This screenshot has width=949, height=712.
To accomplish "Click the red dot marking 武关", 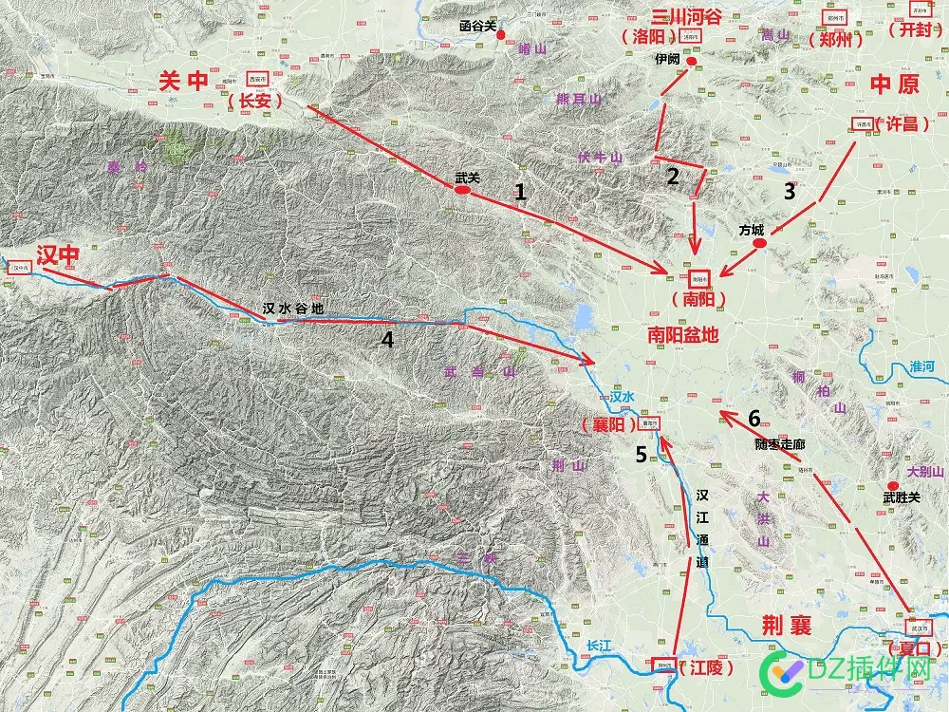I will pyautogui.click(x=463, y=191).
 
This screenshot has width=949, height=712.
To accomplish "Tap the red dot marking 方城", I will pyautogui.click(x=759, y=244).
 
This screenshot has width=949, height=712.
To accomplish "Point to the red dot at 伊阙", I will pyautogui.click(x=692, y=62).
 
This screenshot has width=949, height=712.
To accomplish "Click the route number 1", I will pyautogui.click(x=520, y=192).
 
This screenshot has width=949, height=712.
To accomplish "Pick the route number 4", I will pyautogui.click(x=387, y=339).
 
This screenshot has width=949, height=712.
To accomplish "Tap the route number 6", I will pyautogui.click(x=754, y=418).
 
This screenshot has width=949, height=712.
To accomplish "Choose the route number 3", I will pyautogui.click(x=790, y=191).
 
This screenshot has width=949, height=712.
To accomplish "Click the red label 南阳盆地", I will pyautogui.click(x=683, y=334).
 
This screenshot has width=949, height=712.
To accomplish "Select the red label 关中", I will pyautogui.click(x=183, y=83).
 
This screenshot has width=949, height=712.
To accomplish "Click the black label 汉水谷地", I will pyautogui.click(x=293, y=309).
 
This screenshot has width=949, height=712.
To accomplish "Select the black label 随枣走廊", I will pyautogui.click(x=781, y=443).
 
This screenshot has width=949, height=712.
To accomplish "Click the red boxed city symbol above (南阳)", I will pyautogui.click(x=699, y=279).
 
